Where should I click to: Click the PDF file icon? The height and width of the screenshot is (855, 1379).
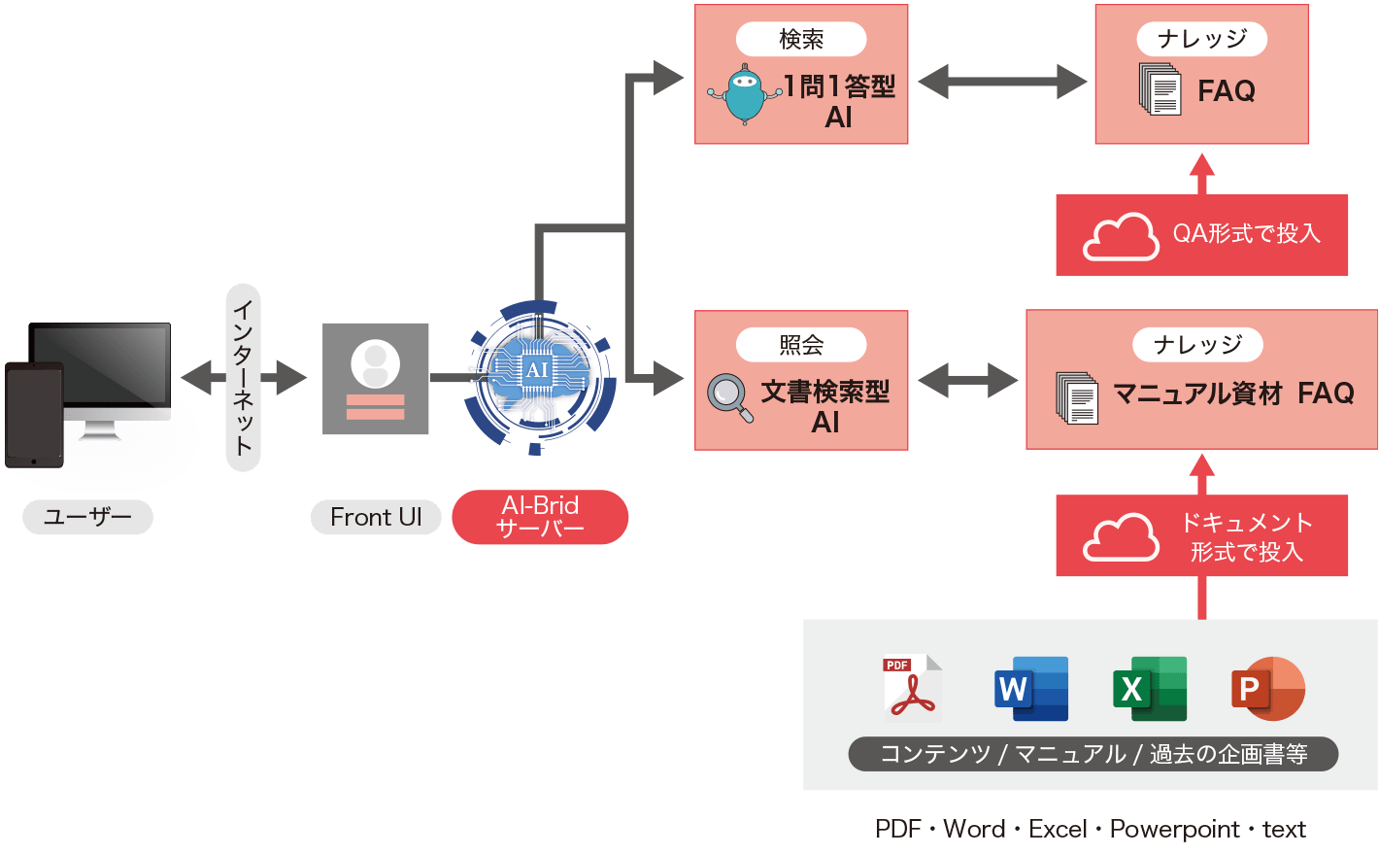tap(911, 688)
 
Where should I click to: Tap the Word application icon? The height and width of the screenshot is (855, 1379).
tap(1031, 688)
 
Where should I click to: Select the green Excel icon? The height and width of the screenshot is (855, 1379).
tap(1150, 688)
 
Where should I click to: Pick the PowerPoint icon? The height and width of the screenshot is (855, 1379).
tap(1267, 688)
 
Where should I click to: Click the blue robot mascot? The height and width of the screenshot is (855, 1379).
tap(744, 94)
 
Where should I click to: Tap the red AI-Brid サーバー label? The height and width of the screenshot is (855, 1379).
tap(540, 517)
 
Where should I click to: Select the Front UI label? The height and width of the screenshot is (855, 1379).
tap(376, 517)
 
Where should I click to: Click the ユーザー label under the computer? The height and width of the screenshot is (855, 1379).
tap(87, 517)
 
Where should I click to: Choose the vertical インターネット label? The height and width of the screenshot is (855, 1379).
tap(243, 377)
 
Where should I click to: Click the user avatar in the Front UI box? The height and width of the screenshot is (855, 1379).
tap(375, 363)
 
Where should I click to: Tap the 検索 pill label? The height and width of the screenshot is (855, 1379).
tap(801, 39)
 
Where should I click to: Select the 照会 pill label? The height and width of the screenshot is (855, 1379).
tap(801, 345)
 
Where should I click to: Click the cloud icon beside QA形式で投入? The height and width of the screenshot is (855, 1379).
tap(1120, 236)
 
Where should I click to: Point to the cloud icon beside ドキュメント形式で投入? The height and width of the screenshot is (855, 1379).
tap(1120, 537)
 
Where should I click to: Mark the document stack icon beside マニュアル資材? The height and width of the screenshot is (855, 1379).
tap(1077, 397)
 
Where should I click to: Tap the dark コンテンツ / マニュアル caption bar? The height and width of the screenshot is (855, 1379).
tap(1093, 754)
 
